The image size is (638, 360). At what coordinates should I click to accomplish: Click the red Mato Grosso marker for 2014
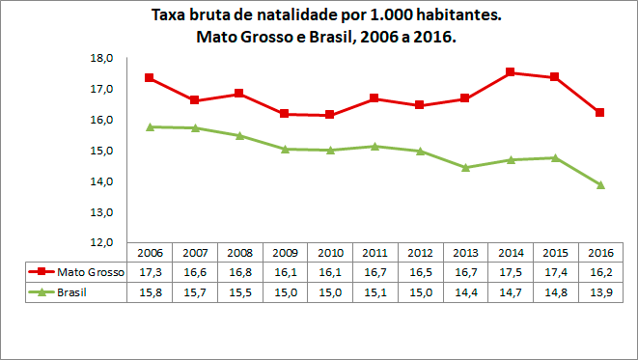point(509,72)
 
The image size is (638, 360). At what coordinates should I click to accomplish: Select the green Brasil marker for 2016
point(600,184)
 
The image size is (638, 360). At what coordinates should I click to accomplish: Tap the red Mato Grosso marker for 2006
point(150,77)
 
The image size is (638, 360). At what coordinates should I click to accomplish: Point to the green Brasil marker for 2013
point(465,167)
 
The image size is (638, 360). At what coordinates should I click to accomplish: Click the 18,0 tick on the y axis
point(102,58)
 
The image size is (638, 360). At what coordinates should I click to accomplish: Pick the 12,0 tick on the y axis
point(102,242)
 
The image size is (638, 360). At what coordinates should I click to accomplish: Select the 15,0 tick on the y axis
point(102,151)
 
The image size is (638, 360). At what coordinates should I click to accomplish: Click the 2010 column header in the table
point(329,252)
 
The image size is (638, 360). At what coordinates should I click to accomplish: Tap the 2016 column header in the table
point(599,252)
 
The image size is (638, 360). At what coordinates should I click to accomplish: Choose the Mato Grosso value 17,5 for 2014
point(510,272)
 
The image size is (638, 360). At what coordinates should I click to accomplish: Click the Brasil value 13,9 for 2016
point(599,292)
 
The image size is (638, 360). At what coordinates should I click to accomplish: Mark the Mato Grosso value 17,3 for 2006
point(150,272)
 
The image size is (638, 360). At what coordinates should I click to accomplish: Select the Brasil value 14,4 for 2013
point(464,292)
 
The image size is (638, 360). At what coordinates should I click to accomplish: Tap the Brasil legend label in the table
point(74,292)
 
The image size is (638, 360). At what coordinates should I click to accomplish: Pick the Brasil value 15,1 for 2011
point(374,292)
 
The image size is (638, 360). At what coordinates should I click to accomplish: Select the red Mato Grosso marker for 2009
point(285,113)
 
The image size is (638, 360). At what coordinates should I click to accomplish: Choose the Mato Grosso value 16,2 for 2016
point(599,272)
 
